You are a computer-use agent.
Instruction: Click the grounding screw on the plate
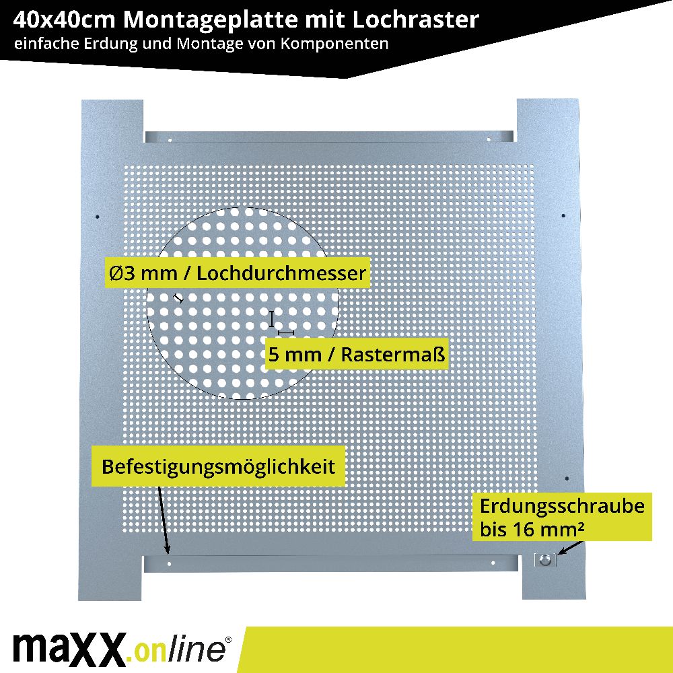545,560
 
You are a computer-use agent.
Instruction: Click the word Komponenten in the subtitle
334,44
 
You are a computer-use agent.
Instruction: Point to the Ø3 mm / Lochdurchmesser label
238,273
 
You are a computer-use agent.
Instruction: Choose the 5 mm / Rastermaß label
357,355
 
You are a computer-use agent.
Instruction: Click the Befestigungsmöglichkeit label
218,466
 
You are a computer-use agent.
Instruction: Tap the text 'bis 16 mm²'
532,529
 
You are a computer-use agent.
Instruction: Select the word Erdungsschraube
562,506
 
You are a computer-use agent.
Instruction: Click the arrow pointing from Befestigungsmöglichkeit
164,520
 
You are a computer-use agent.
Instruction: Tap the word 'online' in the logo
180,649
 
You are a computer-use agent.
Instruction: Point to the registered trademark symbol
228,639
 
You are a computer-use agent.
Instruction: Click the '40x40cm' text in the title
64,20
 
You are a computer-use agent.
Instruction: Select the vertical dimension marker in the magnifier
272,319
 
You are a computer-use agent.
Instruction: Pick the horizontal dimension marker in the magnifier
286,332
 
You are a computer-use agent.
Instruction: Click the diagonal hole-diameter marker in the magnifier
178,298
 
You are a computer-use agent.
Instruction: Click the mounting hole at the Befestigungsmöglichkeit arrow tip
169,563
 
